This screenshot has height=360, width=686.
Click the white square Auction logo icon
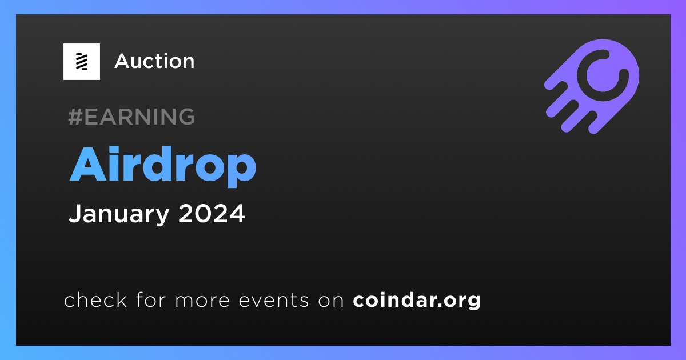(x=81, y=62)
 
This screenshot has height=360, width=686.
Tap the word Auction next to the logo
(x=154, y=61)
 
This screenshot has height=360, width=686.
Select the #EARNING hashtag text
(x=131, y=117)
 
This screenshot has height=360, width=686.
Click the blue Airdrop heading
(x=162, y=166)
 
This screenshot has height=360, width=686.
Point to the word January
(x=119, y=214)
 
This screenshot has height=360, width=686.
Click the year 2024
(x=212, y=213)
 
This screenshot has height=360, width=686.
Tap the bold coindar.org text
(x=417, y=301)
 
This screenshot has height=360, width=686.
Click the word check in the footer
(x=95, y=299)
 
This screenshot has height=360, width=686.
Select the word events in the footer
(x=274, y=301)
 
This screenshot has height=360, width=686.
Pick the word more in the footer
(x=202, y=301)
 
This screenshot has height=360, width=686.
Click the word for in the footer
(x=151, y=299)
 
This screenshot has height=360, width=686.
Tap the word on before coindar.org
(x=331, y=301)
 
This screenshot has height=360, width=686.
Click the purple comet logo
(x=592, y=86)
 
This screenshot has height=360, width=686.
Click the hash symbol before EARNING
(x=75, y=117)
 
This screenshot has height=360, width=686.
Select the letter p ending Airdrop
(x=241, y=170)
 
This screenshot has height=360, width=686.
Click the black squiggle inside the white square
(x=82, y=62)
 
